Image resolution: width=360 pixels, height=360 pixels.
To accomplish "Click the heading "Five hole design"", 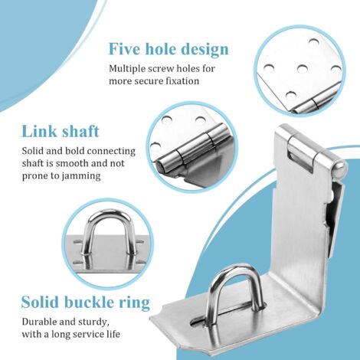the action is [x=169, y=49].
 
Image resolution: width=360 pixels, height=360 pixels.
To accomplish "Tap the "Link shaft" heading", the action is [x=61, y=131].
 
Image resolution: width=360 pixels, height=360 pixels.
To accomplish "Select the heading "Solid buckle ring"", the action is [x=86, y=302].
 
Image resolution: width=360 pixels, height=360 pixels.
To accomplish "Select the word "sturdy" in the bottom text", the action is [x=95, y=322].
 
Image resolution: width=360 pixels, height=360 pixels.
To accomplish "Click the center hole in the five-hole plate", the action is [x=303, y=68].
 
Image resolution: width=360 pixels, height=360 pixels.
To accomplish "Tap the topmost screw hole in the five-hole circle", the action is [x=313, y=41].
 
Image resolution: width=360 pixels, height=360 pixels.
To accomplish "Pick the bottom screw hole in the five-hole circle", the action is [x=291, y=96].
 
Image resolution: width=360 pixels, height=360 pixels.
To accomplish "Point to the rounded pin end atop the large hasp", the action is [x=340, y=170].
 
